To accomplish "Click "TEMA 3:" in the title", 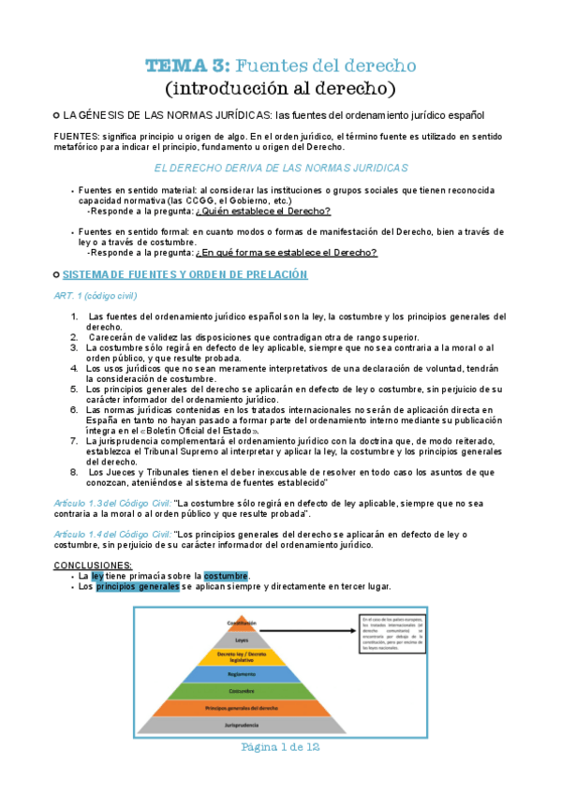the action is tap(185, 66).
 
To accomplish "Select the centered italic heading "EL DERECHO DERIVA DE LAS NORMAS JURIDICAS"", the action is tap(280, 168).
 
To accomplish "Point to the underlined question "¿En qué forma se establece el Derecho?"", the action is tap(287, 253).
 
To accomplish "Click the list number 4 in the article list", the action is tap(74, 368).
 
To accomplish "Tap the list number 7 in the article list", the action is tap(74, 440).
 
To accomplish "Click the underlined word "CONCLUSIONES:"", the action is tap(93, 566).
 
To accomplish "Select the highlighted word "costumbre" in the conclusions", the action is tap(227, 576).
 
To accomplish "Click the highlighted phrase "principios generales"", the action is tap(138, 587).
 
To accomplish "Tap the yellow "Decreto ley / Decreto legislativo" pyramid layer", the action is tap(243, 656).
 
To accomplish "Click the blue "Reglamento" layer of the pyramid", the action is tap(243, 674).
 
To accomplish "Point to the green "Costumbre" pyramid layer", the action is tap(243, 691).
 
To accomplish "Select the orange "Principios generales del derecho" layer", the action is tap(243, 708).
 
